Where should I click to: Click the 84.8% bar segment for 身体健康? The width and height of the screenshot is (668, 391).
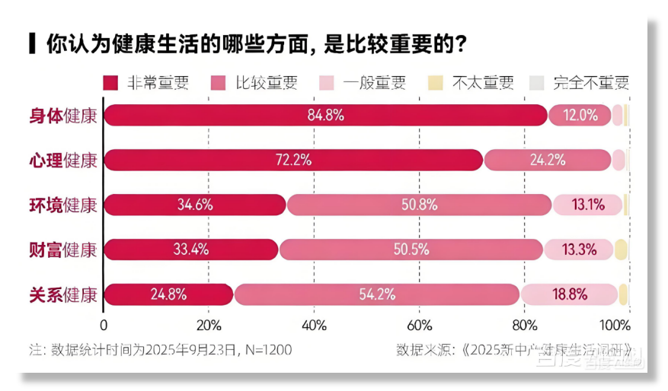(326, 115)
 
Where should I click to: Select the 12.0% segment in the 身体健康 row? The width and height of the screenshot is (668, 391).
(579, 115)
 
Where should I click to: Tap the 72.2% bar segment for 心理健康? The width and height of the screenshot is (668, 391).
(293, 160)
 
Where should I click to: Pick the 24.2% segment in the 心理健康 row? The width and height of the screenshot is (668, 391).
(548, 160)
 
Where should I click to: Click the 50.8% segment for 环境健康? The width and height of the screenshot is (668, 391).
(418, 205)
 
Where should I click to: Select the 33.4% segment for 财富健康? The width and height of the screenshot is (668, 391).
(191, 249)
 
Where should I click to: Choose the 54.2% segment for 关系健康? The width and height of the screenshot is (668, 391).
(376, 294)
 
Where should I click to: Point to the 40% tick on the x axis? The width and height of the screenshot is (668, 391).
(314, 326)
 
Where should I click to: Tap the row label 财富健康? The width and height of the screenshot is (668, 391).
(63, 250)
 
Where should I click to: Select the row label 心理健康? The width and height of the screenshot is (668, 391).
(63, 160)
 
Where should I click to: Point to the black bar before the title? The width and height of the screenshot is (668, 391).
(31, 43)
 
